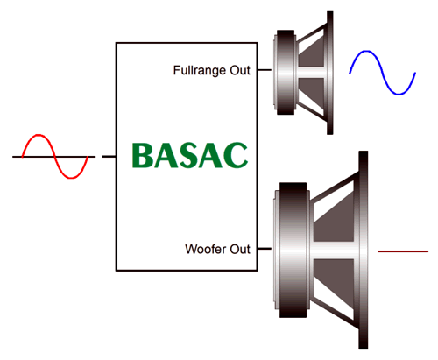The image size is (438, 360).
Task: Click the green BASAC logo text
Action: pyautogui.click(x=190, y=155)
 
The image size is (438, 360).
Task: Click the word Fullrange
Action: pyautogui.click(x=200, y=70)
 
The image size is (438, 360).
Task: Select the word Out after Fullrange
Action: pyautogui.click(x=240, y=70)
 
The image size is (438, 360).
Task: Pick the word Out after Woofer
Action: pyautogui.click(x=240, y=249)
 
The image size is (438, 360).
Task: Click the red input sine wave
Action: pyautogui.click(x=55, y=157)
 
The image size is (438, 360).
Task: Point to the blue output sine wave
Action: pyautogui.click(x=383, y=73)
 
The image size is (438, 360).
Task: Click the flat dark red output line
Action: pyautogui.click(x=403, y=251)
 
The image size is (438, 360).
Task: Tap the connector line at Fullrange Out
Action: pyautogui.click(x=265, y=70)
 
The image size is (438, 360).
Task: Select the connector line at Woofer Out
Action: pyautogui.click(x=265, y=249)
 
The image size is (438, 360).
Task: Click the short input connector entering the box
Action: pyautogui.click(x=109, y=157)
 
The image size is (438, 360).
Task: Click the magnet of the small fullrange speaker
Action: pyautogui.click(x=286, y=72)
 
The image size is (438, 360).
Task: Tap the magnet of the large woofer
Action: pyautogui.click(x=293, y=251)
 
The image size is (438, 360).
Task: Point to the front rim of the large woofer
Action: pyautogui.click(x=364, y=250)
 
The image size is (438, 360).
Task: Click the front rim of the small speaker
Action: pyautogui.click(x=330, y=73)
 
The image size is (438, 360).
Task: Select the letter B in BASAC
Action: pyautogui.click(x=143, y=155)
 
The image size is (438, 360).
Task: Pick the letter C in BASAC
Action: pyautogui.click(x=236, y=155)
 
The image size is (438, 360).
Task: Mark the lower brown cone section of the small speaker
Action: pyautogui.click(x=311, y=90)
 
